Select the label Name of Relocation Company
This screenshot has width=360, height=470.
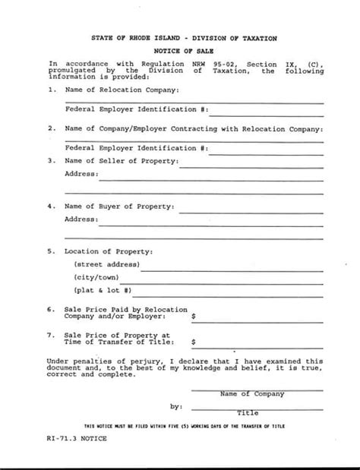point(122,90)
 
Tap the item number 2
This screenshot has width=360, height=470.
point(50,128)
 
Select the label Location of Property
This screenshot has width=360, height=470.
point(109,251)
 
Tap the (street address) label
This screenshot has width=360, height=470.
point(106,264)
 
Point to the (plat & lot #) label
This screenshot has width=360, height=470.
point(103,291)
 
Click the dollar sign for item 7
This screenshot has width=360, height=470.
point(194,342)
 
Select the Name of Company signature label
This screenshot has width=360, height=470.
point(252,394)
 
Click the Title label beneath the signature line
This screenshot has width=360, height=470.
point(248,413)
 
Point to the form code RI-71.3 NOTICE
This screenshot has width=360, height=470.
point(77,440)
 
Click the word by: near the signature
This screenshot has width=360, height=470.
point(175,407)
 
